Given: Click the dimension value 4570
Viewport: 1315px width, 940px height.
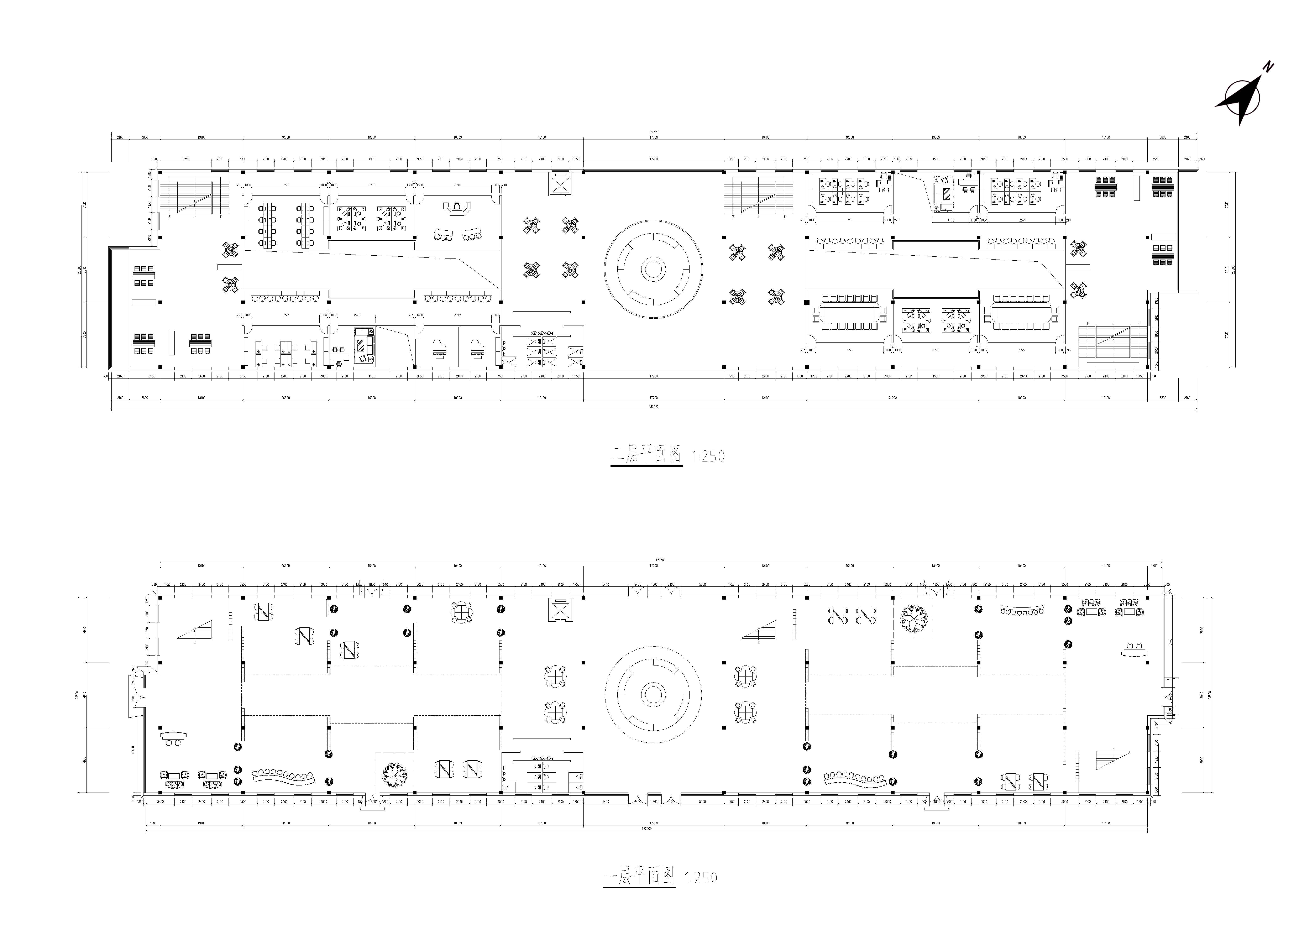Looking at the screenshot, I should tap(357, 315).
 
